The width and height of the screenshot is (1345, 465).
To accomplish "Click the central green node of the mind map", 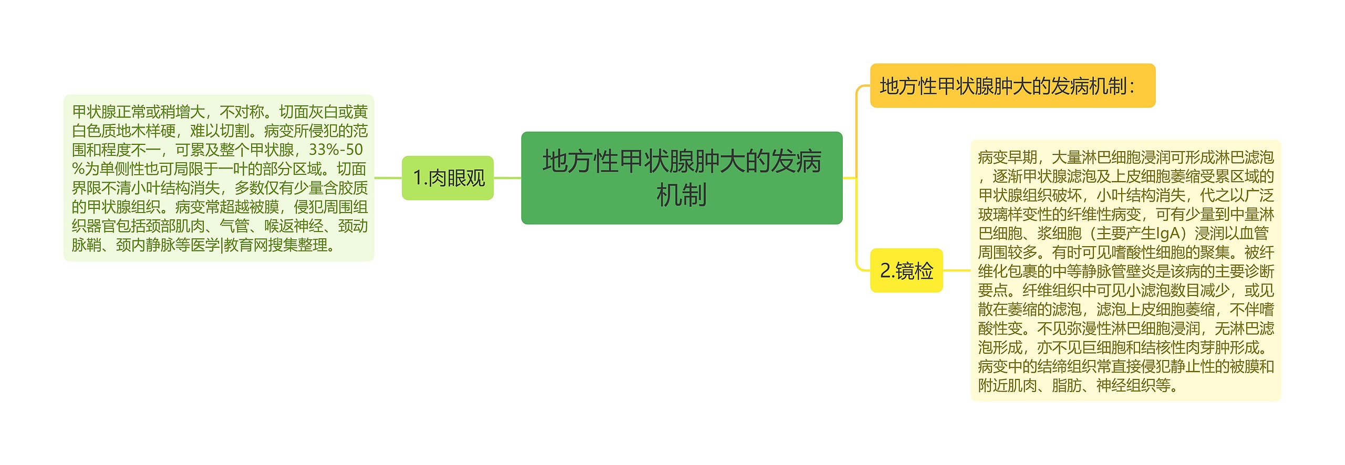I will (x=681, y=178).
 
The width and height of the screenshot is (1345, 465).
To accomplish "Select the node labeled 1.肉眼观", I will (x=448, y=178).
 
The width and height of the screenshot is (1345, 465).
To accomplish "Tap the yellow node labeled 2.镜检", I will (x=906, y=271).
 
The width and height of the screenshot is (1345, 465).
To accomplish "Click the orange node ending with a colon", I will (x=1012, y=86).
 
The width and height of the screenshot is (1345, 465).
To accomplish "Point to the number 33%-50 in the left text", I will (x=336, y=150).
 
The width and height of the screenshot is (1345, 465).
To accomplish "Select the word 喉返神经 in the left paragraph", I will (x=294, y=226).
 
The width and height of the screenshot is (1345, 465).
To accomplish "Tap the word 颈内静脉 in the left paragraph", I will (x=145, y=245).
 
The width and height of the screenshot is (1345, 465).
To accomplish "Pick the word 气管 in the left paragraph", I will (x=234, y=226).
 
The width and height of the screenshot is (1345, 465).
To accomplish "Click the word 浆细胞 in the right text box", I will (x=1059, y=234).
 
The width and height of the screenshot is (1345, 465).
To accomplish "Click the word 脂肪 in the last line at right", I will (x=1067, y=386).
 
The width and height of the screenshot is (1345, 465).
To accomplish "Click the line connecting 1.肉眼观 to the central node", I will (x=507, y=178).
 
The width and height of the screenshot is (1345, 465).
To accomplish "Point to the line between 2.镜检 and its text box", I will (x=956, y=271).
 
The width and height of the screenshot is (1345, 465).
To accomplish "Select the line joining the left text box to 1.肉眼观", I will (x=388, y=178).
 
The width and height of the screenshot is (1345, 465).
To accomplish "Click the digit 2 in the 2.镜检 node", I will (x=885, y=271).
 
